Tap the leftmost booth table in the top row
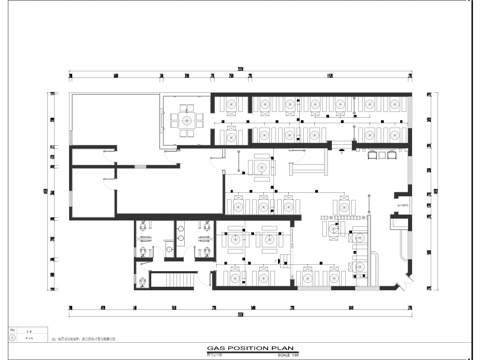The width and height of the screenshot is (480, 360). pos(230,105)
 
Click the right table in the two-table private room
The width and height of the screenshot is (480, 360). pos(270,239)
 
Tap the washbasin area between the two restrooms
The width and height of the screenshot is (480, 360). pos(181,235)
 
